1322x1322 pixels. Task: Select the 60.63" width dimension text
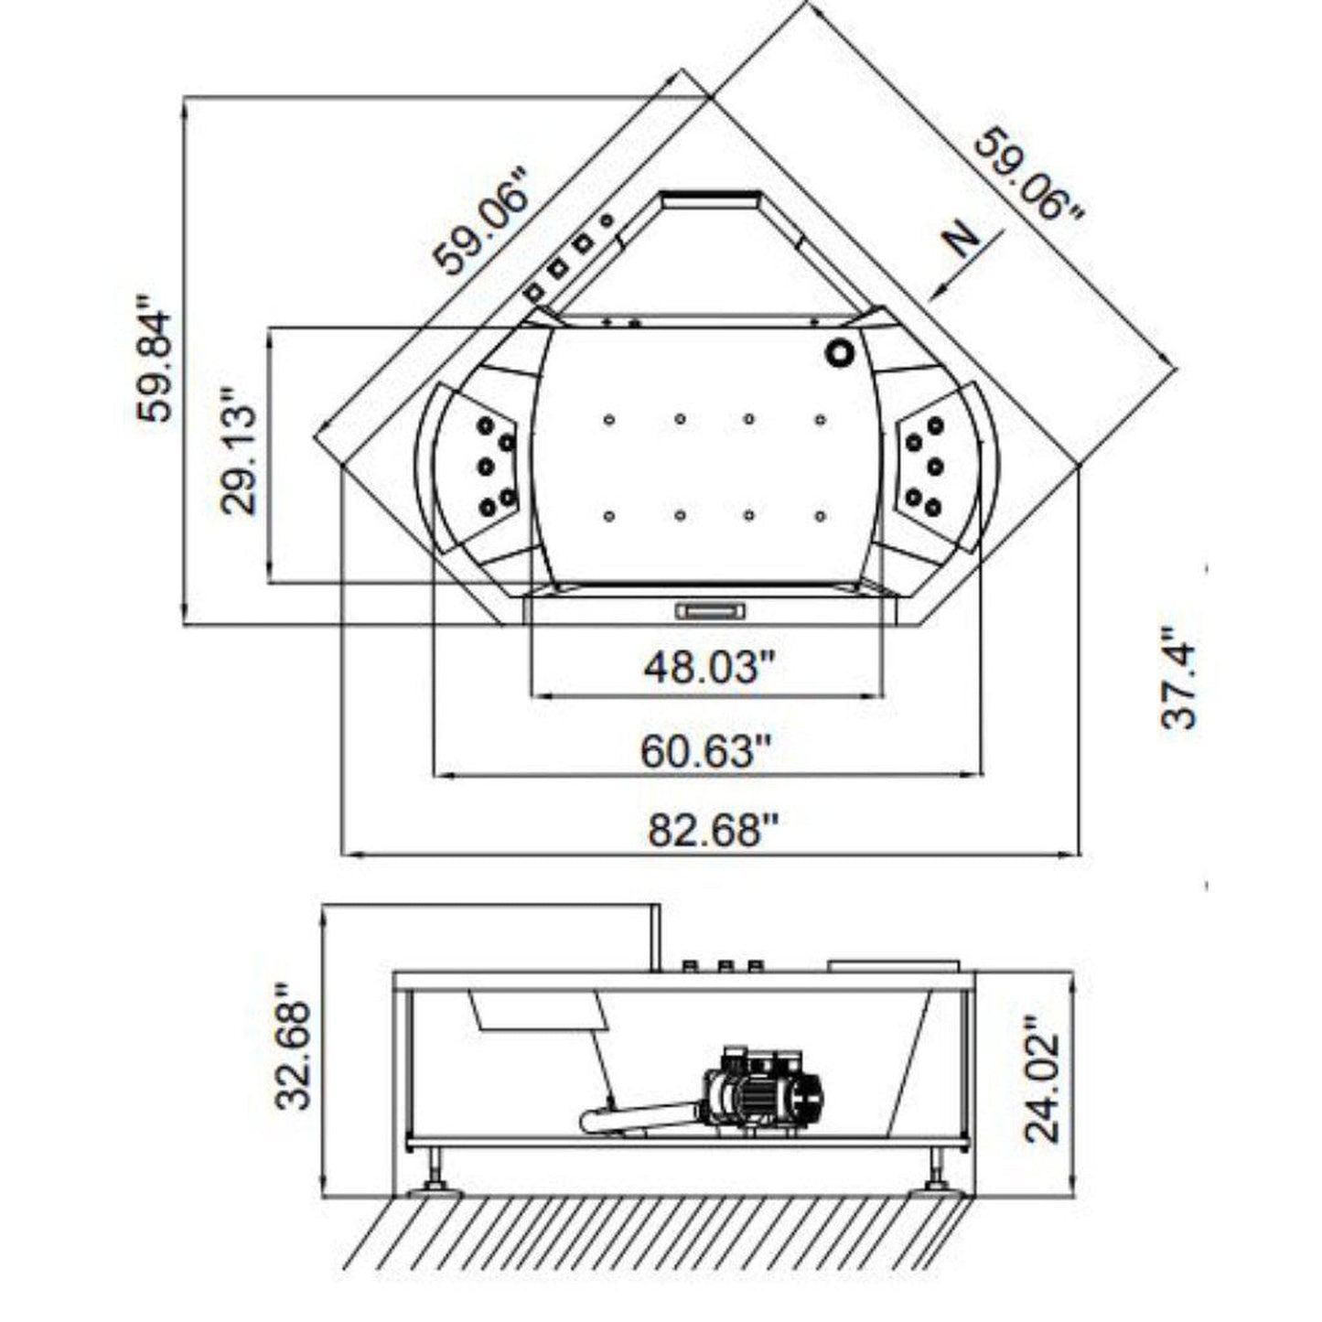[x=705, y=752]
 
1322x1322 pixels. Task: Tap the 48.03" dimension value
[x=702, y=668]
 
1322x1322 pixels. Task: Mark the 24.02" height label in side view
[x=1042, y=1079]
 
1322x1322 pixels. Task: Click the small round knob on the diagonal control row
[x=606, y=221]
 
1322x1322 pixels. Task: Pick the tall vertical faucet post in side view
[x=655, y=937]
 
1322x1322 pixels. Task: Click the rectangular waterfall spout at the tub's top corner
[x=712, y=199]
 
